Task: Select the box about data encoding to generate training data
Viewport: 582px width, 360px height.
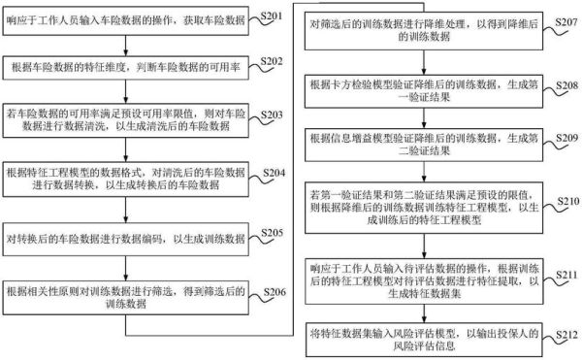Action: pyautogui.click(x=125, y=239)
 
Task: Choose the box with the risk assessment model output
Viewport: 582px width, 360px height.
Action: pyautogui.click(x=427, y=341)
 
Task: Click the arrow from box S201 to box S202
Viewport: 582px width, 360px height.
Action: pyautogui.click(x=125, y=44)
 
